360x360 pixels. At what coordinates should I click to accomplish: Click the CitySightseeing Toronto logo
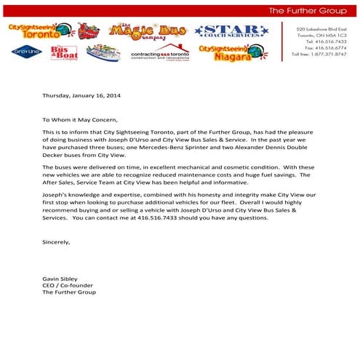[x=33, y=30]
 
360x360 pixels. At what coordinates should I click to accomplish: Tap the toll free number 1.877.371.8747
[x=320, y=55]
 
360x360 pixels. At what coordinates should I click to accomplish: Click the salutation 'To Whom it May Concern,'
[x=80, y=119]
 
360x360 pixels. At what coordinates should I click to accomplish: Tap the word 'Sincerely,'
[x=56, y=242]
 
